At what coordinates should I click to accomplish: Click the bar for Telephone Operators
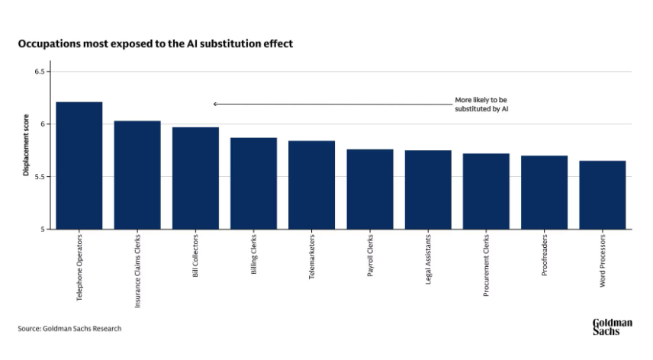pos(79,166)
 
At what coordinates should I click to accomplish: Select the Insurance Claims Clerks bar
pos(137,175)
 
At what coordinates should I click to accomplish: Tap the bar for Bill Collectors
pos(195,178)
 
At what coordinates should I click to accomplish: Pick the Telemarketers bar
pos(311,185)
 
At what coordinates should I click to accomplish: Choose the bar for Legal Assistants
pos(428,189)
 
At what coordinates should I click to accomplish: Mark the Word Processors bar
pos(602,194)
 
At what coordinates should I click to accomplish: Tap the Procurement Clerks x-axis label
pos(487,265)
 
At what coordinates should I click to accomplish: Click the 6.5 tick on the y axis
pos(42,72)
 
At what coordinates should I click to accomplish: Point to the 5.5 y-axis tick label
pos(42,176)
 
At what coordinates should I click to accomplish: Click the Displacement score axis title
pos(26,149)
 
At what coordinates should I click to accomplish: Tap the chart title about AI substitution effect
pos(156,44)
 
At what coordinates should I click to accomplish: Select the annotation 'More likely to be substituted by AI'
pos(482,104)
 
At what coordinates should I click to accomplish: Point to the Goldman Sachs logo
pos(612,326)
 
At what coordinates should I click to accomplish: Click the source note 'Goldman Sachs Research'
pos(69,329)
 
